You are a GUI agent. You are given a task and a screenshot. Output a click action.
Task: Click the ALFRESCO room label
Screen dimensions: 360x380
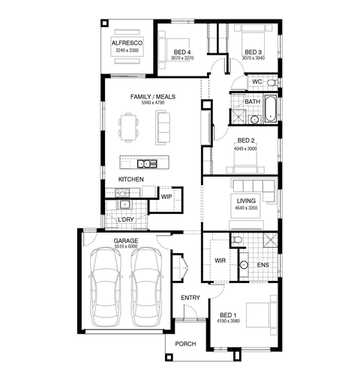tap(127, 43)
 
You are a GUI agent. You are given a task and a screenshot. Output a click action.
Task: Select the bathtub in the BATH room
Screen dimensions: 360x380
tap(271, 109)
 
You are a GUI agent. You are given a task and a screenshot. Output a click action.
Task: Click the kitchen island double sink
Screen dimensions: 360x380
tap(147, 164)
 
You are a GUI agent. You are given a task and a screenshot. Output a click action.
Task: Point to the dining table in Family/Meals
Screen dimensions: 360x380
tap(129, 128)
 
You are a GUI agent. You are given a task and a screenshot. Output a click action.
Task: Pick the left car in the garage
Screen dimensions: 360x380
tap(105, 287)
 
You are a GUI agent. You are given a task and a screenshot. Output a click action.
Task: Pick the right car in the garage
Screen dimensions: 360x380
tap(146, 287)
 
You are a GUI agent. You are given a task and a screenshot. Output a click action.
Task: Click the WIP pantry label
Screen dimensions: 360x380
tap(166, 197)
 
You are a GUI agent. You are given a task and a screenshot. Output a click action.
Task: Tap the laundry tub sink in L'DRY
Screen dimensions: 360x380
tap(124, 204)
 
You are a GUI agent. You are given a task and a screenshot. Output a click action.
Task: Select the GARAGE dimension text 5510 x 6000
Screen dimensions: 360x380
tap(126, 246)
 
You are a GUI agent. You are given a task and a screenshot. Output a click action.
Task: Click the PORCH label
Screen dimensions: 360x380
tap(185, 344)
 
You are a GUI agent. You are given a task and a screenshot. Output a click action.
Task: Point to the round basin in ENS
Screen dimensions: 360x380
tap(244, 265)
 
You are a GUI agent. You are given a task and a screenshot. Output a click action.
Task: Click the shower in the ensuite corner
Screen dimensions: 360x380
tap(270, 240)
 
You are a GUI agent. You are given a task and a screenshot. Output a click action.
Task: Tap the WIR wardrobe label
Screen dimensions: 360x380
tap(220, 261)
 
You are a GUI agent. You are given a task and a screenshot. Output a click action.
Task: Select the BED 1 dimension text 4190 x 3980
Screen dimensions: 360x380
tap(228, 321)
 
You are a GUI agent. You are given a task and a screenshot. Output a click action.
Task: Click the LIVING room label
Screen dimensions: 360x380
tap(246, 201)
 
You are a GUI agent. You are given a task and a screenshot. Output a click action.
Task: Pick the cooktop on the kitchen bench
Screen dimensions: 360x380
tap(122, 193)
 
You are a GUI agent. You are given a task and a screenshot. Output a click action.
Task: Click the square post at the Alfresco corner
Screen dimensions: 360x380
tap(104, 23)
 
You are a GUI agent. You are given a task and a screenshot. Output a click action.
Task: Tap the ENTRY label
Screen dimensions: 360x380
tap(190, 297)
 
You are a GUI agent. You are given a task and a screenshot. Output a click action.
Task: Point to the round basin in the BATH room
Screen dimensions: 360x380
tap(254, 119)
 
